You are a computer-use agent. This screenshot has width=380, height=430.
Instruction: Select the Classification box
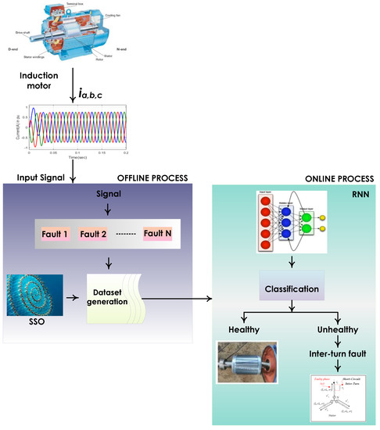tap(291, 288)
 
